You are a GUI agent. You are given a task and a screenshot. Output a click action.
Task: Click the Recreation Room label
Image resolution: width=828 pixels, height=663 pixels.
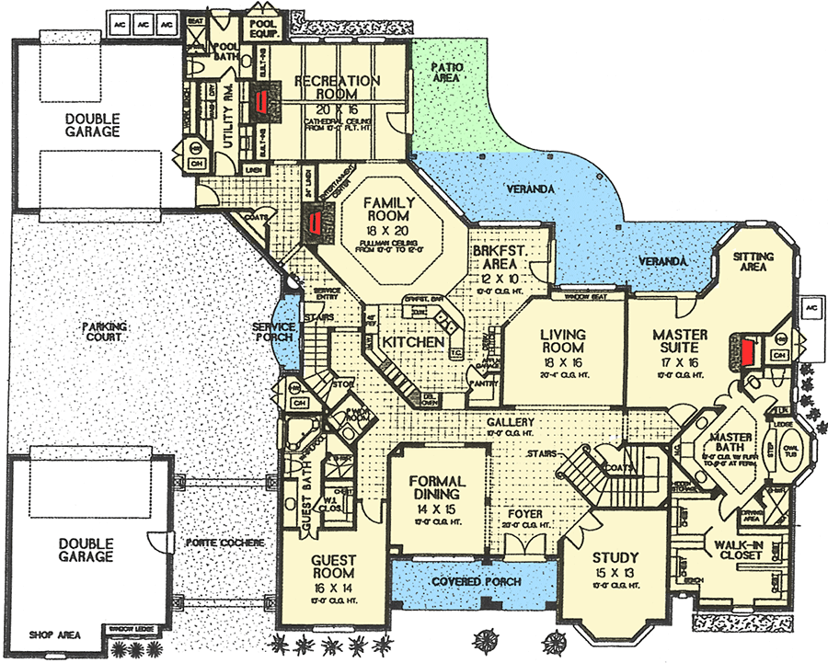click(338, 88)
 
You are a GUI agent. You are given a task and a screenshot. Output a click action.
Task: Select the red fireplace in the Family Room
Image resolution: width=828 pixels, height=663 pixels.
click(315, 222)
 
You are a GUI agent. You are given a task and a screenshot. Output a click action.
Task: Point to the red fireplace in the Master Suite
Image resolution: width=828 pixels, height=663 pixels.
click(748, 350)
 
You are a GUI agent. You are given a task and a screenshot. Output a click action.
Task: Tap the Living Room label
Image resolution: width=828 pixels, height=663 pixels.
click(563, 341)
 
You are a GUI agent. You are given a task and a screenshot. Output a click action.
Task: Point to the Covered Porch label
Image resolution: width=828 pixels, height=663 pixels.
click(477, 582)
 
